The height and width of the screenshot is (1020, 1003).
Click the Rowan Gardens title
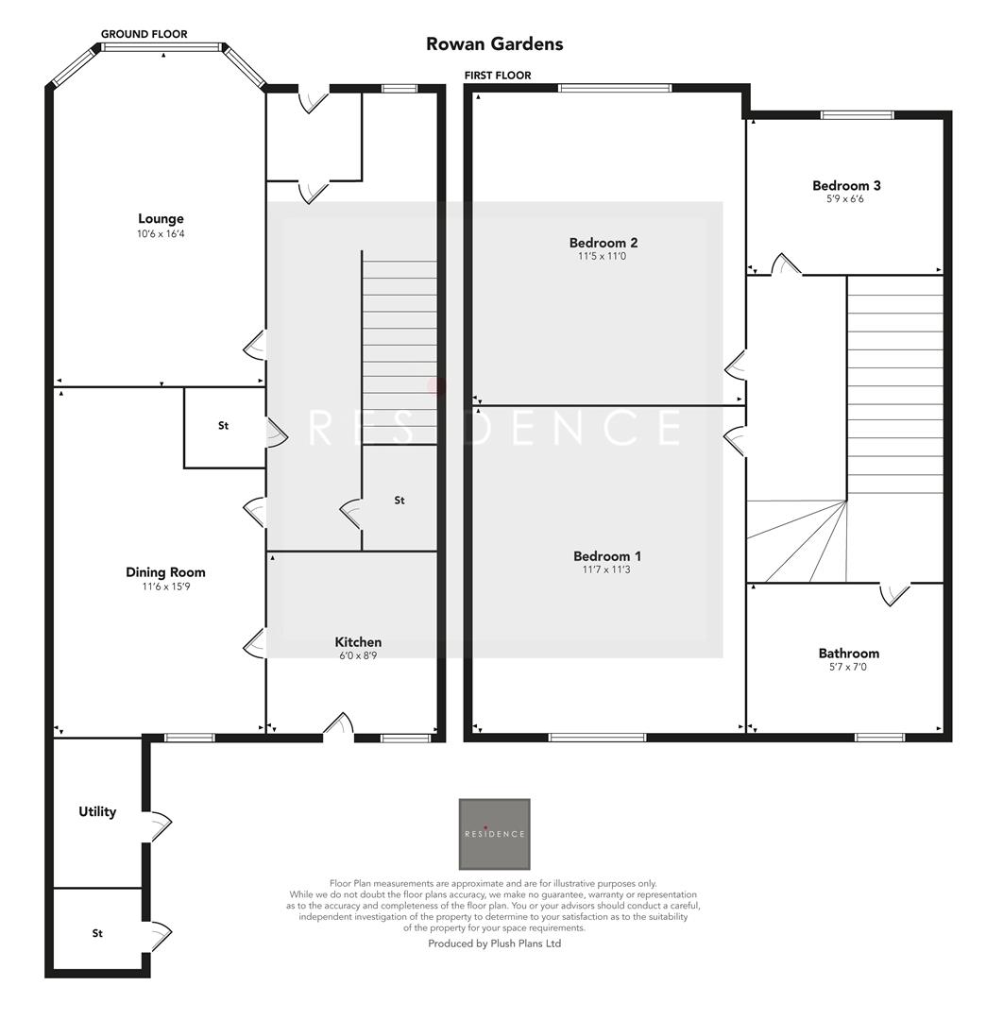[x=494, y=43]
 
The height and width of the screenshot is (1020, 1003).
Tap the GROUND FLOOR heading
[x=144, y=34]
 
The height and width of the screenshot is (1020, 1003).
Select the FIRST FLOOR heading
[x=498, y=76]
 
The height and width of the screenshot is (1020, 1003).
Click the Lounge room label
[x=161, y=218]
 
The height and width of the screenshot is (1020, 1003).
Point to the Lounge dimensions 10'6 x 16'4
[x=161, y=233]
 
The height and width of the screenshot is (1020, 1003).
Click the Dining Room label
[x=165, y=571]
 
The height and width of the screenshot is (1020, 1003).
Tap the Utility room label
[x=97, y=811]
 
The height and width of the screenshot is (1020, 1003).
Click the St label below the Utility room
[x=97, y=933]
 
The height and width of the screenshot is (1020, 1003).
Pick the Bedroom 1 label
[x=613, y=555]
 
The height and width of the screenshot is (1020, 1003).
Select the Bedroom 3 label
[x=846, y=185]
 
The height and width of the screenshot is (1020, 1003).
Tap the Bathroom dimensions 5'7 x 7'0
[x=848, y=667]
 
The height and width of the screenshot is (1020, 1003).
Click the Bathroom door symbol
[x=893, y=593]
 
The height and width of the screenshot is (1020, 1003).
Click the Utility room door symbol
[x=160, y=826]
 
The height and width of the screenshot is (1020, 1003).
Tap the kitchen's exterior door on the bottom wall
[x=338, y=726]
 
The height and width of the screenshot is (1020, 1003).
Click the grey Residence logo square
[x=494, y=834]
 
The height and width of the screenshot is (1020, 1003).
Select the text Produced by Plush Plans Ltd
[x=494, y=943]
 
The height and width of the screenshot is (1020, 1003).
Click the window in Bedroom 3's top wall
[x=857, y=115]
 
